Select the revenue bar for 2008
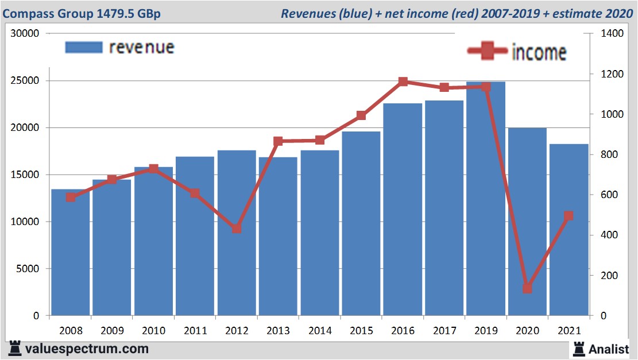[x=71, y=253]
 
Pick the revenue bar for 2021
[x=569, y=230]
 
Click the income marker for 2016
[x=403, y=82]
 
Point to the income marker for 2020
[x=527, y=288]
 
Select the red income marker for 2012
[x=237, y=229]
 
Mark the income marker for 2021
[x=569, y=216]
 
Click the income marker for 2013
[x=278, y=141]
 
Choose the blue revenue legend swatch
[x=84, y=47]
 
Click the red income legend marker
[x=488, y=52]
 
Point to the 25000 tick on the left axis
[x=26, y=81]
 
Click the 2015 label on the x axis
[x=361, y=331]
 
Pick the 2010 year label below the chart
[x=154, y=331]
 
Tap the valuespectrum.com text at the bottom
[x=87, y=349]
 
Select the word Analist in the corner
[x=609, y=349]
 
